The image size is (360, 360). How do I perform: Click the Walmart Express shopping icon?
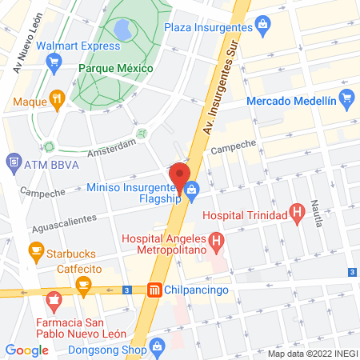55,68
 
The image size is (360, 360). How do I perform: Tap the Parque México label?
115,68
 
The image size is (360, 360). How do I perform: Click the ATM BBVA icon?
14,164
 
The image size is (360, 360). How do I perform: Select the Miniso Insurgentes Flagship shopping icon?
193,190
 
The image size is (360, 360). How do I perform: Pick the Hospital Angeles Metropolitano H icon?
215,239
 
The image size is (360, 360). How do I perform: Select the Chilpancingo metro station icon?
154,290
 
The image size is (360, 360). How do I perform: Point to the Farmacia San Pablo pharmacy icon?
54,302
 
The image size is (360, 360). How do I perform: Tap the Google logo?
26,350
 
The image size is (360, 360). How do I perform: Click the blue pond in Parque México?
124,30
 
